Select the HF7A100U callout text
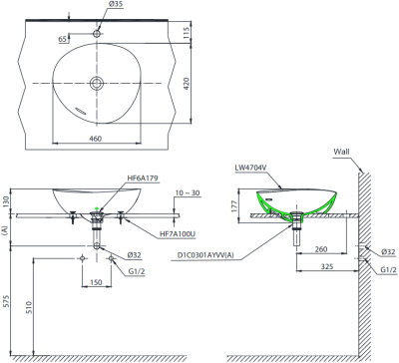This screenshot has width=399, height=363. [179, 234]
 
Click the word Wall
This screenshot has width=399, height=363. [342, 154]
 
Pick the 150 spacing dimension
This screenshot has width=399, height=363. [96, 283]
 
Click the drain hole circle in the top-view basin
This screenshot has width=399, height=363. [97, 83]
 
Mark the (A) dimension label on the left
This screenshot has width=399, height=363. [7, 229]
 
